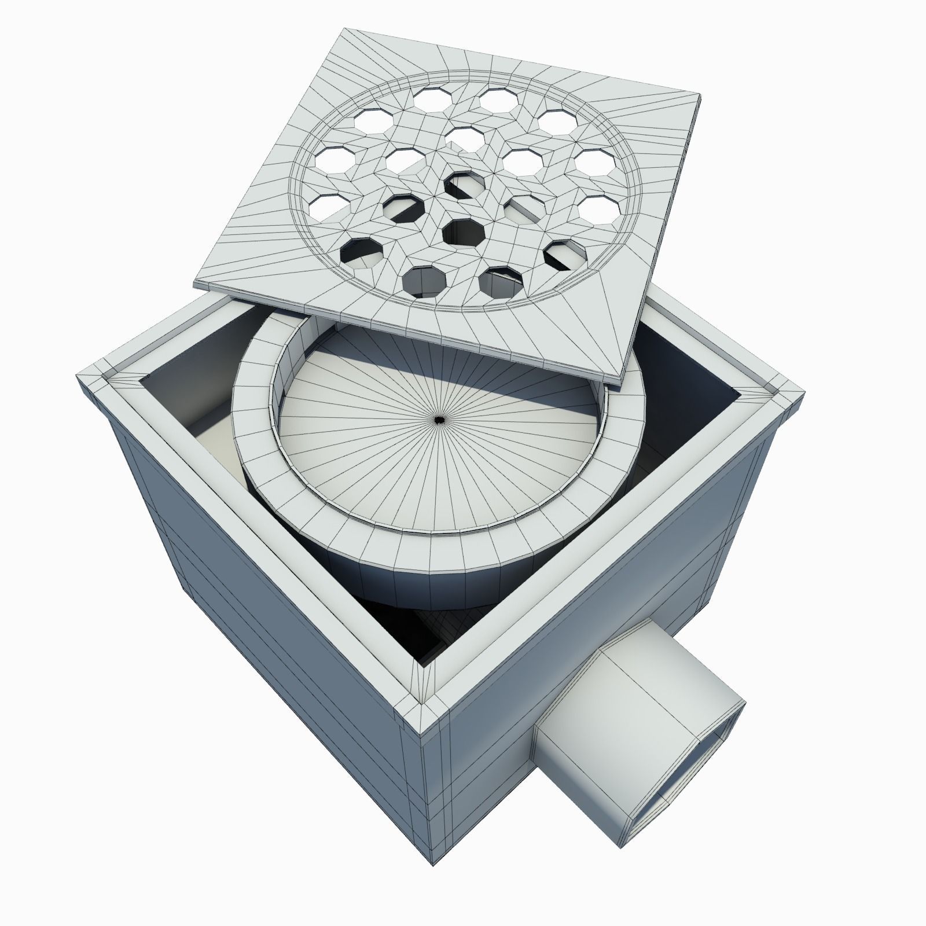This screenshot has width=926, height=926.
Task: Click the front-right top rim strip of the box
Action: (x=613, y=550)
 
